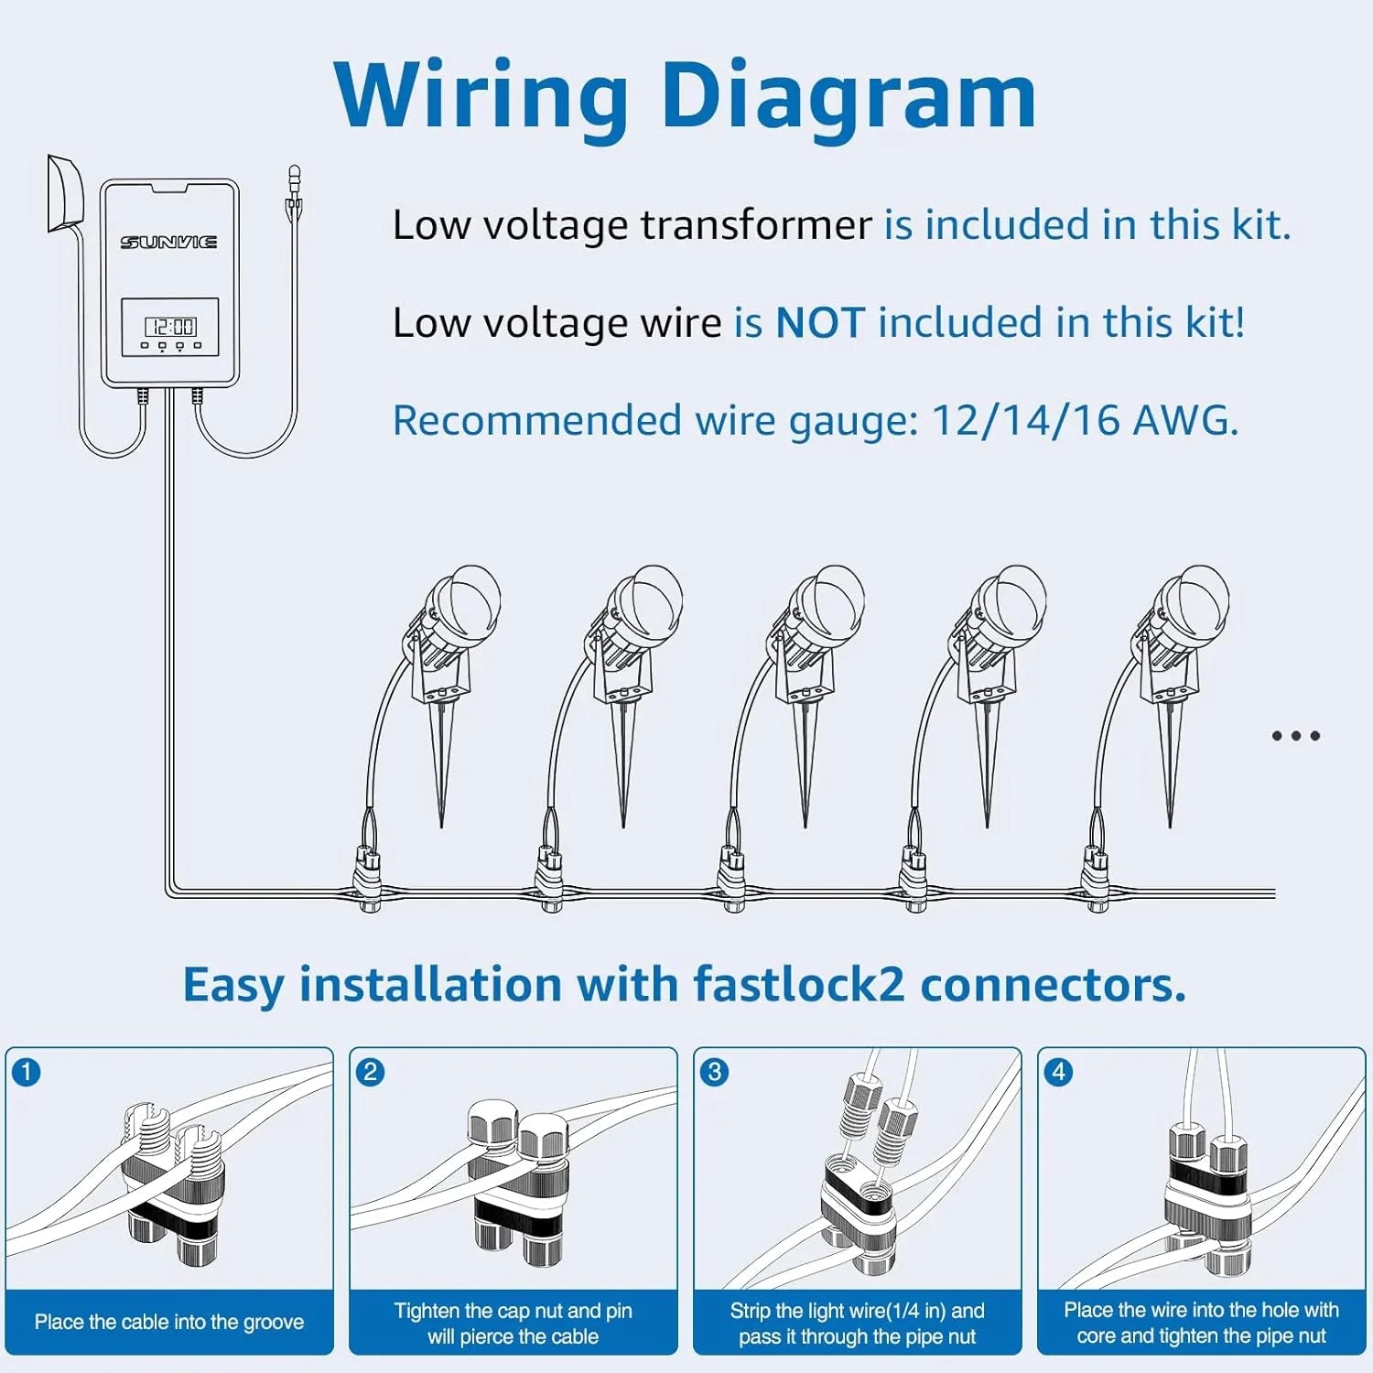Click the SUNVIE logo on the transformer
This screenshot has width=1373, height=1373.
tap(168, 242)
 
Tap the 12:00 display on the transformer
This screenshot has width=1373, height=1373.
tap(170, 327)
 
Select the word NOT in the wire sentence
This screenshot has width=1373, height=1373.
tap(819, 323)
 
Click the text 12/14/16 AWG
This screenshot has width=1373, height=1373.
tap(1084, 421)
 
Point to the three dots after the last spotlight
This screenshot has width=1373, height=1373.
tap(1295, 736)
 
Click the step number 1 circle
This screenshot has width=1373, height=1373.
tap(27, 1072)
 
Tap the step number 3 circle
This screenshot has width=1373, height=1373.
tap(715, 1072)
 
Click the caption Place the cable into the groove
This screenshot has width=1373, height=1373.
tap(169, 1322)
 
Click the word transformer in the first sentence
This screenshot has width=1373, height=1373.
tap(756, 225)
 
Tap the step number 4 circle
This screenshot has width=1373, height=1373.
tap(1059, 1072)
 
